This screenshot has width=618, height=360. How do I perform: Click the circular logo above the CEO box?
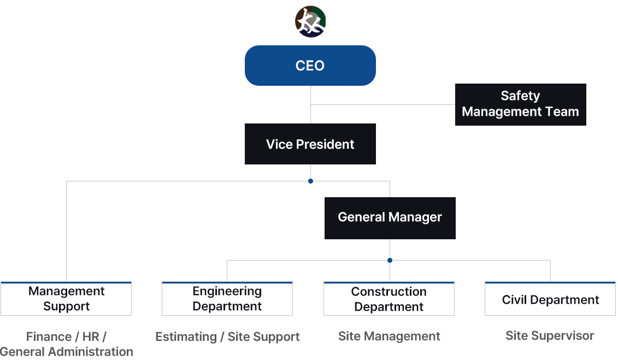click(x=310, y=22)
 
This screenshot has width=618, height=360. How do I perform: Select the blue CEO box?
click(x=310, y=66)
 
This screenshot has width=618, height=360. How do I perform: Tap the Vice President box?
click(x=310, y=144)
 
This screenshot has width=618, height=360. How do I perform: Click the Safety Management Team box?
click(x=520, y=104)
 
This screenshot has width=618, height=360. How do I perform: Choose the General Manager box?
click(x=390, y=217)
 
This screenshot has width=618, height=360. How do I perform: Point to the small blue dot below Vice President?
click(x=310, y=181)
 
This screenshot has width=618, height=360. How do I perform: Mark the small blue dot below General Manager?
click(x=390, y=261)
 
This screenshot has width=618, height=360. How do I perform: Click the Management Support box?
click(x=66, y=299)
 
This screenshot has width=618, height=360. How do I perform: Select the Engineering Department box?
click(x=227, y=299)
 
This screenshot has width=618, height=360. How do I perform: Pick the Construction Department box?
click(x=389, y=299)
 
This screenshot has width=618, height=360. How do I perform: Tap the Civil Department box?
click(x=550, y=299)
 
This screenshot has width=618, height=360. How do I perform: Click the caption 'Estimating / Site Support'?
click(x=227, y=337)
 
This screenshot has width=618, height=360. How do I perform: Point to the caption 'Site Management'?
click(x=389, y=337)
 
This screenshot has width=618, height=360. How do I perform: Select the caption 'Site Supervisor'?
click(x=550, y=335)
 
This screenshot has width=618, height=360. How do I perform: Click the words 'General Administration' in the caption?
click(x=67, y=352)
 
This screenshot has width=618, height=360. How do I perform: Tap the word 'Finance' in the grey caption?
click(x=49, y=337)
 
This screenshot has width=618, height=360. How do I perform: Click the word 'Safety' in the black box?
click(x=520, y=96)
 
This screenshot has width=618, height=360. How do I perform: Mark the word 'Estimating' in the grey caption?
click(x=186, y=337)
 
